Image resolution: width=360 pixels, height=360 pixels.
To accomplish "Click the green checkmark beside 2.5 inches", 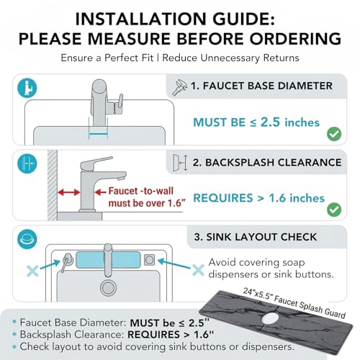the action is (x=334, y=134).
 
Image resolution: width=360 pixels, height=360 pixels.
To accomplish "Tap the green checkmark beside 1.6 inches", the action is (x=334, y=210).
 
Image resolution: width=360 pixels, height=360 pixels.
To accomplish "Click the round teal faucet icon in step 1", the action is (x=27, y=88).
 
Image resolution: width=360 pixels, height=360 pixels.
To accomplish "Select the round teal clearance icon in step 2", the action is (x=27, y=163).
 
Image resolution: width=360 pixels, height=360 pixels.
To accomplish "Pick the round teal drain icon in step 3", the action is (x=27, y=239).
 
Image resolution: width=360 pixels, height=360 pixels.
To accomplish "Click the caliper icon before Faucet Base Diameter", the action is (x=180, y=87).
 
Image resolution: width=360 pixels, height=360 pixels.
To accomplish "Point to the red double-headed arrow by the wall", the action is (x=68, y=192).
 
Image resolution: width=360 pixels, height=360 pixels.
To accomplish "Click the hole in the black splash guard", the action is (x=271, y=318).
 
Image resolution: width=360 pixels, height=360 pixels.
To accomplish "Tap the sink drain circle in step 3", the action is (x=108, y=288).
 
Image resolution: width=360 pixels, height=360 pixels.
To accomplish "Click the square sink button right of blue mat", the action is (x=149, y=260).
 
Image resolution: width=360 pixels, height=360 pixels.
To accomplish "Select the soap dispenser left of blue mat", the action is (x=67, y=261).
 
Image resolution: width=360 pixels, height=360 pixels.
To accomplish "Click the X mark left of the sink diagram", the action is (x=32, y=271).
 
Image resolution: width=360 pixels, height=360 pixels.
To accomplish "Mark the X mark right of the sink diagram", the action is (x=198, y=270).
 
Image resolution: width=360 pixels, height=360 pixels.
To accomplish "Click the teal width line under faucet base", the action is (x=98, y=135).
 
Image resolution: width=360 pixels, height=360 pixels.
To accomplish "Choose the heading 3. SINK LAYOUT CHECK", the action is (x=256, y=237).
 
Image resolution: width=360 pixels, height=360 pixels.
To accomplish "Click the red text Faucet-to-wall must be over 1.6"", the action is (x=147, y=197).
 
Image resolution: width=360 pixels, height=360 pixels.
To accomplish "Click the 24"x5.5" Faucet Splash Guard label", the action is (x=294, y=303).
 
